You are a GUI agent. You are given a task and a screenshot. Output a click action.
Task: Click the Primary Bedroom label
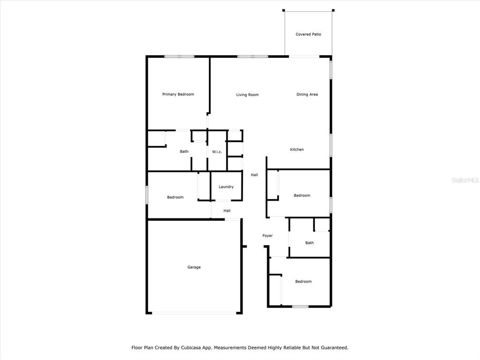178,94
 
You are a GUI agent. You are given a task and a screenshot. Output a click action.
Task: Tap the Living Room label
247,95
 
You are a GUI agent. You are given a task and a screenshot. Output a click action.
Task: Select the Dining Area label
307,95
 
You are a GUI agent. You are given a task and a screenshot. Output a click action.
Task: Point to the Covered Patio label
308,34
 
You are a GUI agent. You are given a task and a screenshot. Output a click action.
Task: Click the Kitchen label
297,150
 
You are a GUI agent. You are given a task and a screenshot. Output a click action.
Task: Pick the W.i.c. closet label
217,152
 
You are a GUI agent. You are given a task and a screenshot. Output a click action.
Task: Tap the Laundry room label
226,187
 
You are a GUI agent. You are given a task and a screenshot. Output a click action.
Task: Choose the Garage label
194,267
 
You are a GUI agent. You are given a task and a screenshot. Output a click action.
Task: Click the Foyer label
268,236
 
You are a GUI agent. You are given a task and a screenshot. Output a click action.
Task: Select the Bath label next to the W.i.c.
184,151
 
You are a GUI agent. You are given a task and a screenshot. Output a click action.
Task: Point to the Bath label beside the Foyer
309,243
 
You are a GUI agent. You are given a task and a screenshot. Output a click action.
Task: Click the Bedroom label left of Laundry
175,197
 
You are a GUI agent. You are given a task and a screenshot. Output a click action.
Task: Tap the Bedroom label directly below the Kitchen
302,195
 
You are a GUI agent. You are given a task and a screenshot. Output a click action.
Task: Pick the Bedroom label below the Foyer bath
303,281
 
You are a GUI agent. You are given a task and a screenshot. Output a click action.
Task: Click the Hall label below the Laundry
227,210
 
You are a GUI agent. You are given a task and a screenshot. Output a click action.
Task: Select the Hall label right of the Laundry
255,175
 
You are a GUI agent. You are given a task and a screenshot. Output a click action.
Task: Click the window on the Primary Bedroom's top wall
180,57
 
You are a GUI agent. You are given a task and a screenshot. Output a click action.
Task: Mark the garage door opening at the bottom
194,313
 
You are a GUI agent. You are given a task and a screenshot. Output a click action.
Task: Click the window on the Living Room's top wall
253,57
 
